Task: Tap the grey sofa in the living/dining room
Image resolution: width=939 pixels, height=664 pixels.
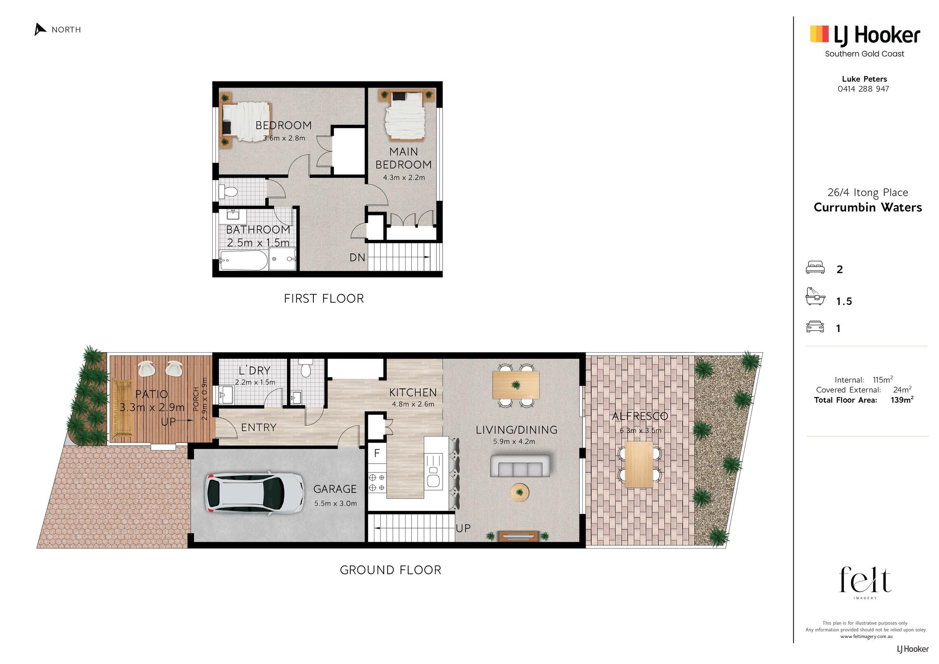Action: [x=520, y=466]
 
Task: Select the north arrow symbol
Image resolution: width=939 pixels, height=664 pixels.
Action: [x=40, y=30]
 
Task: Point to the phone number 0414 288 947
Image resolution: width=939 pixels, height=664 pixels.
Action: [x=863, y=89]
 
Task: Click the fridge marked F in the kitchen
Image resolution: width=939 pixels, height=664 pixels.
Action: [x=377, y=453]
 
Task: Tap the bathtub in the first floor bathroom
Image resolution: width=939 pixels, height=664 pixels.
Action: [x=243, y=260]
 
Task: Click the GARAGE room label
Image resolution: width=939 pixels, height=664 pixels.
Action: [x=335, y=489]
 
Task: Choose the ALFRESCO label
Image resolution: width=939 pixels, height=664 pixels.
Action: [x=640, y=416]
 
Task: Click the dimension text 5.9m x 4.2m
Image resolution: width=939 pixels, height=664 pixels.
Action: [x=514, y=442]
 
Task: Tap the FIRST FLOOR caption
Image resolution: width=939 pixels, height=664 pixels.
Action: [x=324, y=299]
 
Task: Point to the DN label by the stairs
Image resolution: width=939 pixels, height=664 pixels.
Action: [x=357, y=258]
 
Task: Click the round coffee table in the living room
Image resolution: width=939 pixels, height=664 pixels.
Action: [x=520, y=492]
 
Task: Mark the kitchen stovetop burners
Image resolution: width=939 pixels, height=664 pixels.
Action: [x=377, y=483]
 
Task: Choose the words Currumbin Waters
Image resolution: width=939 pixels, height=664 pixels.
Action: [x=868, y=207]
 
